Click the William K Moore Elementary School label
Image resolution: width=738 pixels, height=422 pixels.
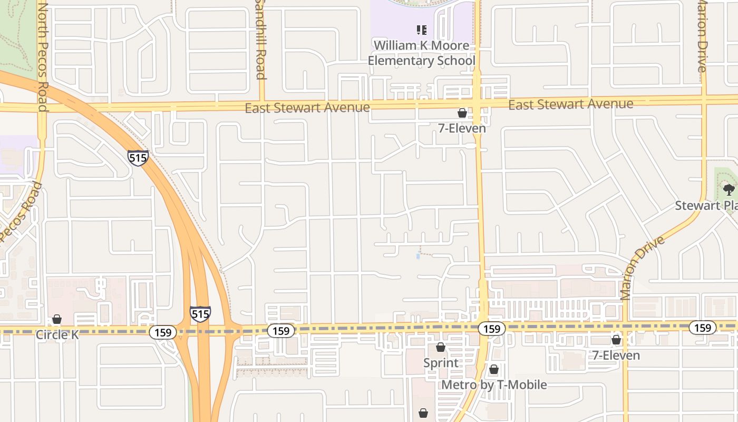pyautogui.click(x=421, y=53)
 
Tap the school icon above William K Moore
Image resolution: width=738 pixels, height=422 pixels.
pyautogui.click(x=421, y=30)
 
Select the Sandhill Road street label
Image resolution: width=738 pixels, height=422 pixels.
pyautogui.click(x=260, y=40)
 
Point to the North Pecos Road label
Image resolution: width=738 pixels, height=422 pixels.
pyautogui.click(x=43, y=58)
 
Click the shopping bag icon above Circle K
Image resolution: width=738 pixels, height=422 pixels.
pyautogui.click(x=57, y=319)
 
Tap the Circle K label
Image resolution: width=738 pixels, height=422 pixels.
pyautogui.click(x=57, y=334)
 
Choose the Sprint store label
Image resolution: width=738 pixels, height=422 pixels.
pyautogui.click(x=441, y=363)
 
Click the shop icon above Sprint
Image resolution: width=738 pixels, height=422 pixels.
pyautogui.click(x=441, y=347)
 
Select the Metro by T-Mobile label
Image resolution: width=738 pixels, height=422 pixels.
pyautogui.click(x=494, y=385)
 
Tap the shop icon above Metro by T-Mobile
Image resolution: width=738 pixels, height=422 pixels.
pyautogui.click(x=494, y=369)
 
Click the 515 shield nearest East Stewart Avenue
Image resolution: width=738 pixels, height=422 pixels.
pyautogui.click(x=138, y=157)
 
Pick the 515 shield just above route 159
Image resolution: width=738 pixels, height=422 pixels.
pyautogui.click(x=200, y=314)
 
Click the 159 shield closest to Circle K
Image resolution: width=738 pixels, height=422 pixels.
pyautogui.click(x=163, y=332)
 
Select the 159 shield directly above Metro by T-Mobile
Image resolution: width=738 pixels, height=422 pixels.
pyautogui.click(x=492, y=329)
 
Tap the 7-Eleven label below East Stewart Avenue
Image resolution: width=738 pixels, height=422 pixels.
pyautogui.click(x=462, y=128)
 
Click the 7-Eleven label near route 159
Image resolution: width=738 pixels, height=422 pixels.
pyautogui.click(x=616, y=356)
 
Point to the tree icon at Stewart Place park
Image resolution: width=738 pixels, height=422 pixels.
pyautogui.click(x=729, y=189)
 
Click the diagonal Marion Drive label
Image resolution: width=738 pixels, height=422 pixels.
pyautogui.click(x=642, y=268)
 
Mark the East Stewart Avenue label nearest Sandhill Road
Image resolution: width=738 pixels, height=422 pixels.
pyautogui.click(x=307, y=108)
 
